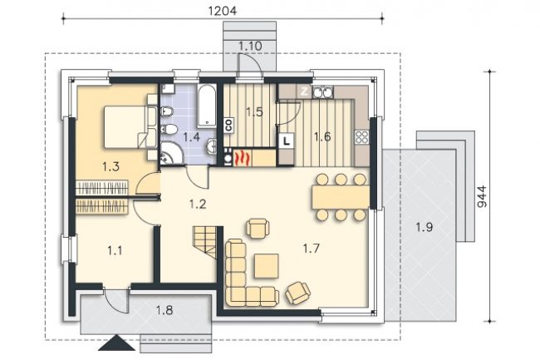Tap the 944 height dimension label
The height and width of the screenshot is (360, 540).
pyautogui.click(x=483, y=196)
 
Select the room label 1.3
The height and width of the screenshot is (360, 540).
pyautogui.click(x=110, y=167)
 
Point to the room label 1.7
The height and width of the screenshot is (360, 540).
pyautogui.click(x=312, y=248)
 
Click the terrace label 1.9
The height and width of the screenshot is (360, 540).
pyautogui.click(x=424, y=227)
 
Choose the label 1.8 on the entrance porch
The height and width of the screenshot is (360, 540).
pyautogui.click(x=164, y=311)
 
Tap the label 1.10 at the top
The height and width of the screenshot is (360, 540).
pyautogui.click(x=250, y=46)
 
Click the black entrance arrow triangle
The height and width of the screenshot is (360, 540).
pyautogui.click(x=117, y=343)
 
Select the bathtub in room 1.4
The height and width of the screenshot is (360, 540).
pyautogui.click(x=207, y=106)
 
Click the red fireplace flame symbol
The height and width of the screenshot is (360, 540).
pyautogui.click(x=242, y=158)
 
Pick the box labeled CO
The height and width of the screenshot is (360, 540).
pyautogui.click(x=228, y=125)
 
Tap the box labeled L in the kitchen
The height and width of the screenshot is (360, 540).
pyautogui.click(x=287, y=141)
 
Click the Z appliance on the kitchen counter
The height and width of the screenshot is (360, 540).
pyautogui.click(x=304, y=92)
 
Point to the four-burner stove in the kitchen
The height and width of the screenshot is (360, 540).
pyautogui.click(x=361, y=137)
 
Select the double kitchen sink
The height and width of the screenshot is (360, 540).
pyautogui.click(x=323, y=92)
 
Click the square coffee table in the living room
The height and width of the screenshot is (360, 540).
pyautogui.click(x=267, y=266)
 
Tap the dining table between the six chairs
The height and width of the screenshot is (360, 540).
pyautogui.click(x=341, y=197)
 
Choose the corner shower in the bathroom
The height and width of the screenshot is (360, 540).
pyautogui.click(x=171, y=154)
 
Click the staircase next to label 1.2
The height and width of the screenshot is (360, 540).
pyautogui.click(x=204, y=241)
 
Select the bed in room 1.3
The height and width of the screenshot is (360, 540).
pyautogui.click(x=125, y=127)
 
